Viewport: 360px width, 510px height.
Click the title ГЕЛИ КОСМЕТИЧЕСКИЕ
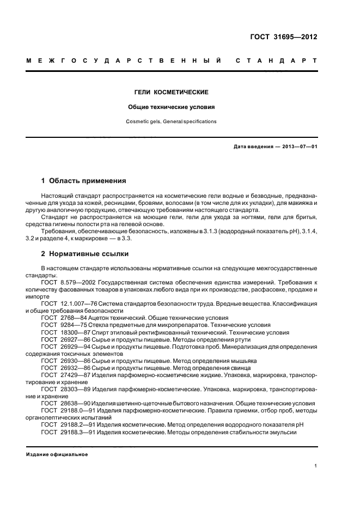pos(172,93)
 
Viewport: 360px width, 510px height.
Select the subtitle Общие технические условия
pos(172,107)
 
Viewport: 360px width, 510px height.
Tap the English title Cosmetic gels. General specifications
pos(172,122)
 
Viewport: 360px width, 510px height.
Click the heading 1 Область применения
pos(84,180)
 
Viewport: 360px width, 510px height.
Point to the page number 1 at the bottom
pos(316,466)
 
